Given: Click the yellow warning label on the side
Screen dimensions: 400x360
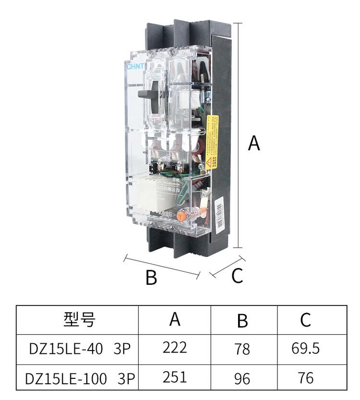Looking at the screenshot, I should [x=212, y=139].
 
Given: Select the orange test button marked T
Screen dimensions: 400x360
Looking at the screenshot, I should [x=181, y=216].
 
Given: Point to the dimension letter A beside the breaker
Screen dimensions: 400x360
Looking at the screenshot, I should [x=253, y=143].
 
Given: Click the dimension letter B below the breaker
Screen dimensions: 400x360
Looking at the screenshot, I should [x=151, y=278].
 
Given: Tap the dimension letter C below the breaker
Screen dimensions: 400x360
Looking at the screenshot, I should [x=237, y=276].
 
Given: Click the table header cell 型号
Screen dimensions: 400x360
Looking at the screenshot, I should [x=79, y=319].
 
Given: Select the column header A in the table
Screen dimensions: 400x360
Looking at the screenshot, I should [x=175, y=319].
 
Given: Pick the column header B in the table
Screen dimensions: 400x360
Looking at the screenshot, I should [x=243, y=320].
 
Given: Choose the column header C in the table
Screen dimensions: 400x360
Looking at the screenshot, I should [x=306, y=320].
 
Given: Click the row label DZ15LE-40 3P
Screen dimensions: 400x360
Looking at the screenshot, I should [x=80, y=349].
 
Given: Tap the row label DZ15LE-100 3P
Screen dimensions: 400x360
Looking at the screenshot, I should [x=80, y=378].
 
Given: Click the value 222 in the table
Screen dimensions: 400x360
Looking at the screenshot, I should [x=175, y=348].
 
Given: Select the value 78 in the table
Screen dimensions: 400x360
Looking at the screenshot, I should [x=243, y=349].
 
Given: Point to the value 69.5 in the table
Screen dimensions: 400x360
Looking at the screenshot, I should [x=306, y=348].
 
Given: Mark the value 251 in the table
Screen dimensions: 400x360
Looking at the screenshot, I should [x=175, y=377].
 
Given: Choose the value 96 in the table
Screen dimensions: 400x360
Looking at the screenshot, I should [x=243, y=378].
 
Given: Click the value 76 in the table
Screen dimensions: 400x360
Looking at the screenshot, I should [x=306, y=378].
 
